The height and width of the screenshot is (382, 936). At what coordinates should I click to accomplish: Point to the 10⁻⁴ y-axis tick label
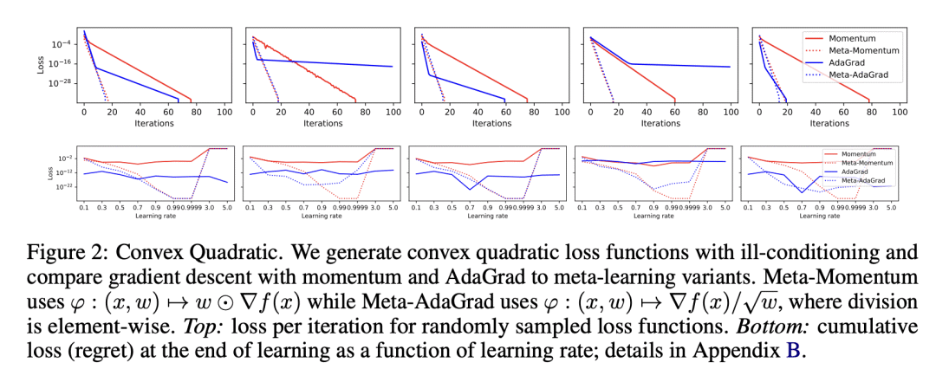coord(61,44)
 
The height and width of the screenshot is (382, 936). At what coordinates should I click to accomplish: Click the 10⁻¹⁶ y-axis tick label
coord(61,64)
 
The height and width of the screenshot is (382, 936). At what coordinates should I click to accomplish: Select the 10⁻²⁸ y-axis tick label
coord(61,84)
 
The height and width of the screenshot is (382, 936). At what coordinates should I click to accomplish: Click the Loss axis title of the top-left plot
coord(40,64)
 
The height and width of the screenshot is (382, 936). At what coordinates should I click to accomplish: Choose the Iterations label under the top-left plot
coord(154,124)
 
